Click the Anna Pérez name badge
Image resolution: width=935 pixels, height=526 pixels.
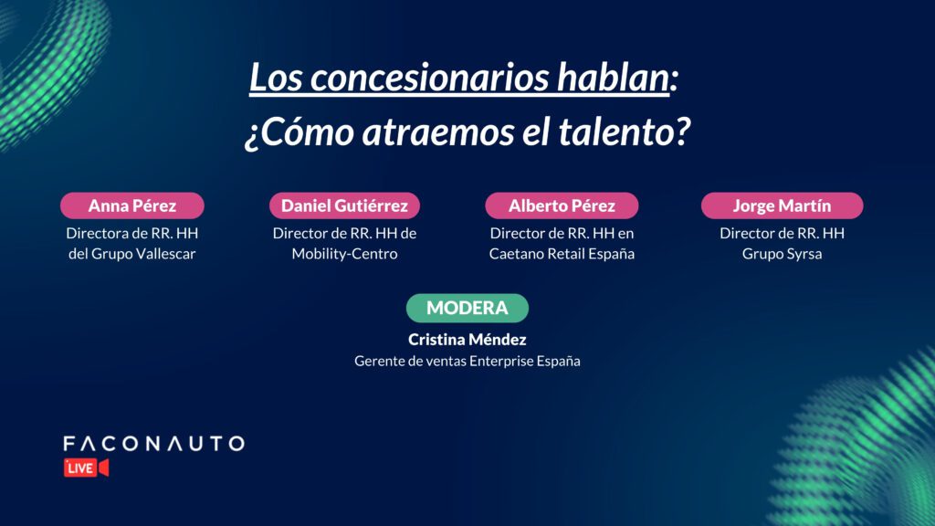pos(131,205)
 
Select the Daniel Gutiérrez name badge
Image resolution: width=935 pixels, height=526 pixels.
pos(344,205)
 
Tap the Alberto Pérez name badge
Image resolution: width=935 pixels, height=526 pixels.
pos(562,205)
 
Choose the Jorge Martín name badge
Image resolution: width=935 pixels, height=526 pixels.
pos(782,205)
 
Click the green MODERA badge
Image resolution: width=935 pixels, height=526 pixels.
pos(467,308)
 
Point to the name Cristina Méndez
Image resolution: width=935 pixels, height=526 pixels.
pos(467,340)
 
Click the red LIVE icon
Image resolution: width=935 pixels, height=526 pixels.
pos(87,468)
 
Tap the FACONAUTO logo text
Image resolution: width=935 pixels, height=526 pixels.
pos(153,443)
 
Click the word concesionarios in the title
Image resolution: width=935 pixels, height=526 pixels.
pos(429,78)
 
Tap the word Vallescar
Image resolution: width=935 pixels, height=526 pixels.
pos(166,254)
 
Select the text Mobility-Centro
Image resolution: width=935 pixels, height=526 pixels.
pos(344,254)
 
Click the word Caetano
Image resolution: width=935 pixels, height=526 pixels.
pos(516,254)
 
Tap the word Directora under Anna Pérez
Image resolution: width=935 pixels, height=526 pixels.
pos(96,233)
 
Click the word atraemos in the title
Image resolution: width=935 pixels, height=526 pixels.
pos(437,131)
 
